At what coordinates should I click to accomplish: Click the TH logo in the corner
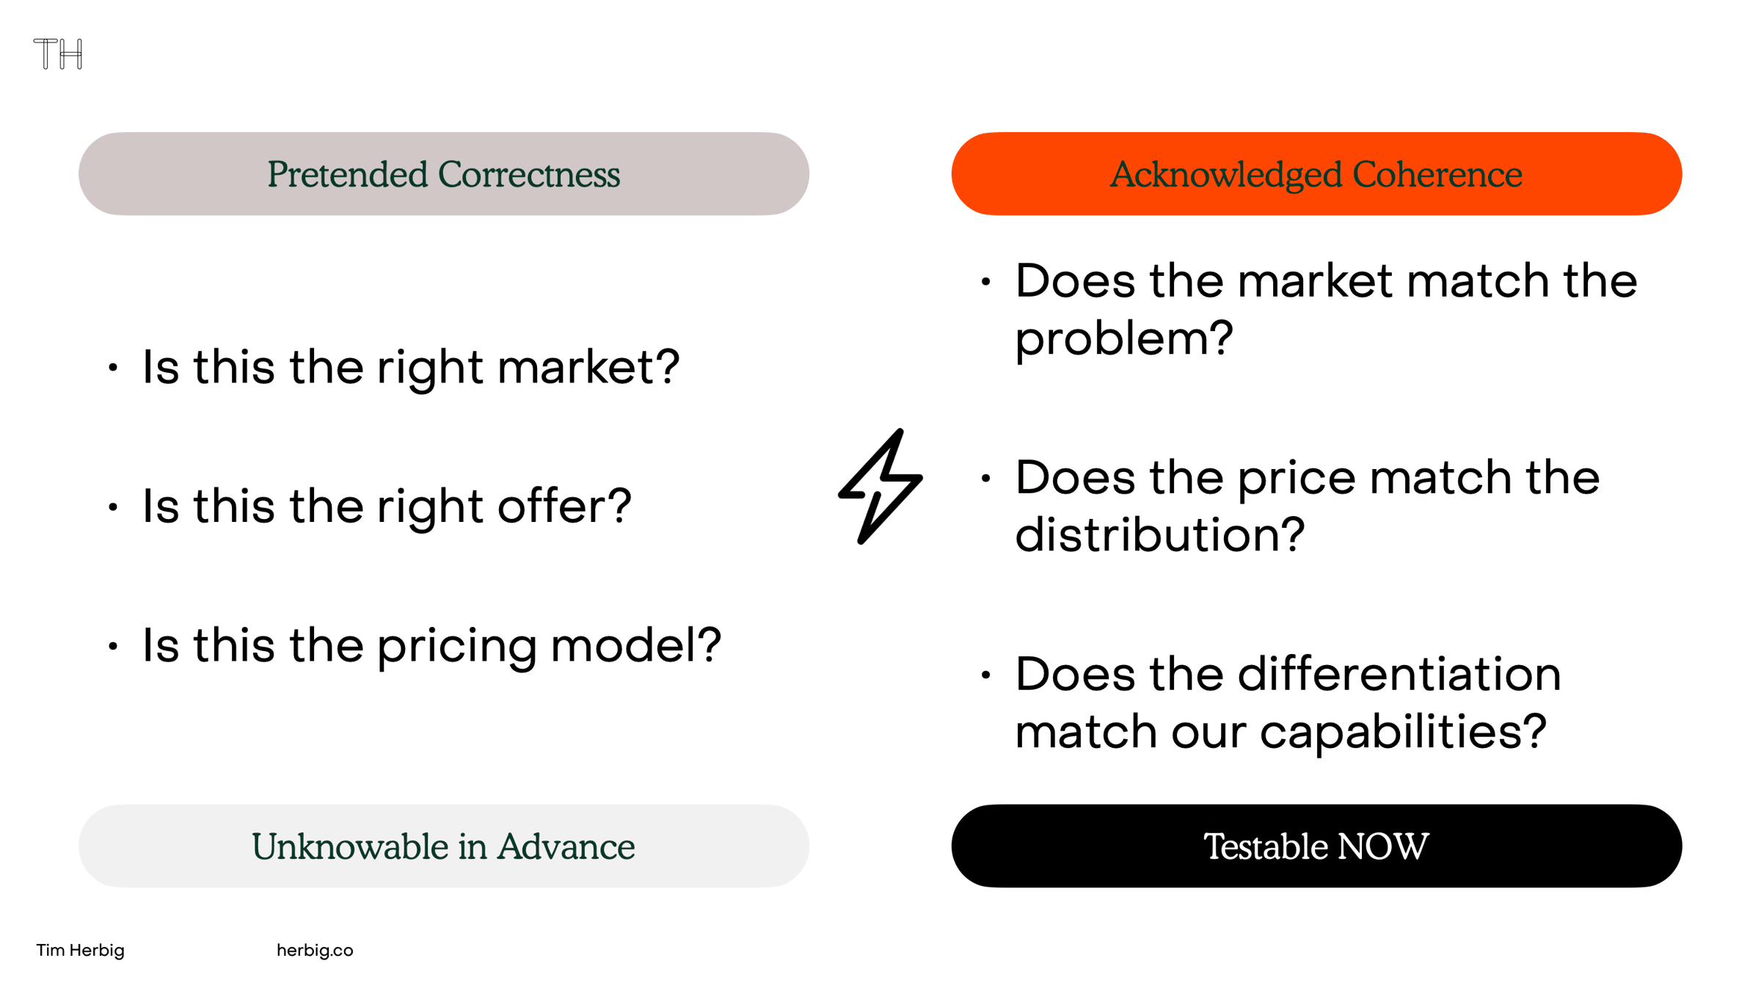58,54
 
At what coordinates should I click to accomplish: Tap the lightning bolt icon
880,487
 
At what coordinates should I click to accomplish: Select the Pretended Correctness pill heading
444,174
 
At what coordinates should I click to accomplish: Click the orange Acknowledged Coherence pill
1316,174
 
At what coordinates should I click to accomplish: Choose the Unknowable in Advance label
444,846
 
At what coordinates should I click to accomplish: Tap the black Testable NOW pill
1316,846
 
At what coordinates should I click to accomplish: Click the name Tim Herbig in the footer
81,950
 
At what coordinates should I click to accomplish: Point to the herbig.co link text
315,950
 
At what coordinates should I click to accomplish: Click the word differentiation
1399,674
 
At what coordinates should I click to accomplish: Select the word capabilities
1403,733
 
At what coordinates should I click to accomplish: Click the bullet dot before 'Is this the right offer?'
113,507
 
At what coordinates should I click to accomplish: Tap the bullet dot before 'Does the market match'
986,281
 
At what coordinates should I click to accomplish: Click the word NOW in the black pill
1383,846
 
